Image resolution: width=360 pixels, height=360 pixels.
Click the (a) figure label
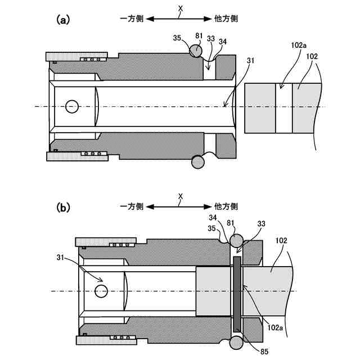pos(62,20)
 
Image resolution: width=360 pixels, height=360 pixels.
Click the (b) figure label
pos(63,207)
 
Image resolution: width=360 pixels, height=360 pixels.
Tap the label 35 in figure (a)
pos(177,39)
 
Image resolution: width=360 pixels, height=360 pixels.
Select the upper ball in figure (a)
pos(196,51)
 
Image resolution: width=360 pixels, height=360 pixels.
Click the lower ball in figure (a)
pos(199,162)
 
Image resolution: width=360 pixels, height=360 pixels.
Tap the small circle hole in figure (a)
pos(72,106)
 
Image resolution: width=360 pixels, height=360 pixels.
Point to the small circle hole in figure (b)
pos(101,291)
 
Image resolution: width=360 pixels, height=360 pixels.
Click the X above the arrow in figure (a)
pos(180,8)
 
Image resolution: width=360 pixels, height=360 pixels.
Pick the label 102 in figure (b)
pos(281,240)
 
